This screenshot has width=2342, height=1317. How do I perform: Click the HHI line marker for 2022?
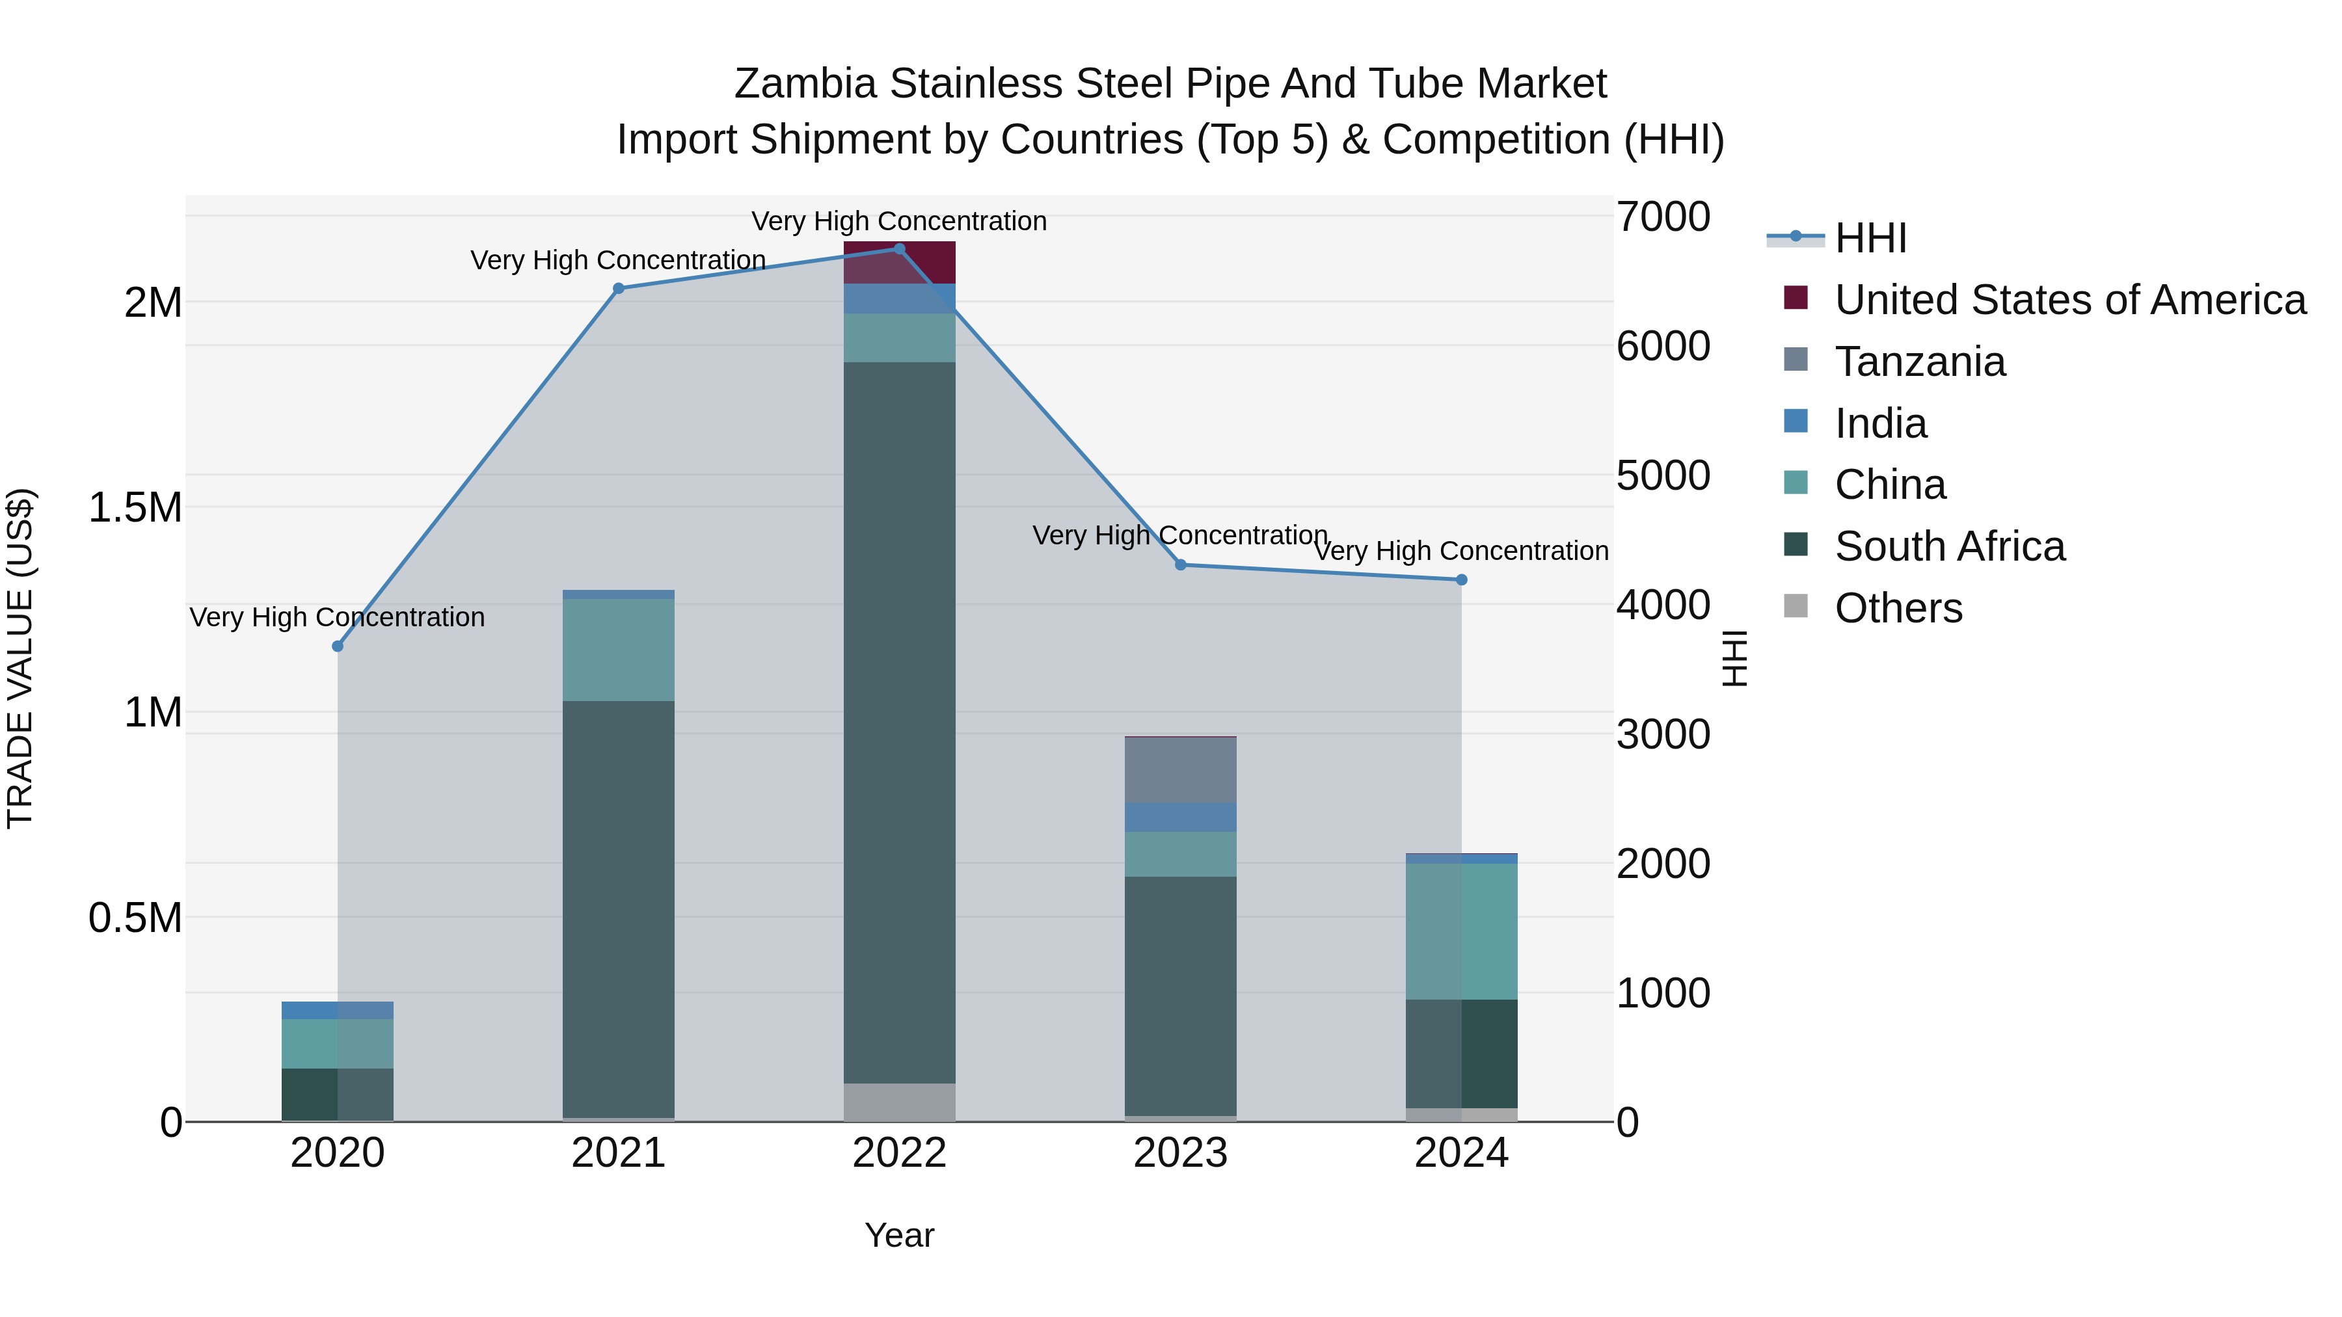coord(899,249)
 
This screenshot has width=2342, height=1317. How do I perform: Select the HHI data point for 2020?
coord(337,646)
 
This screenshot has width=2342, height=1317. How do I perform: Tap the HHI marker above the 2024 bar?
coord(1461,580)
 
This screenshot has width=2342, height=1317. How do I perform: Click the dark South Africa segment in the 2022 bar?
coord(899,723)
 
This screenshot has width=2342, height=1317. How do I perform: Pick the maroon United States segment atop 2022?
coord(899,263)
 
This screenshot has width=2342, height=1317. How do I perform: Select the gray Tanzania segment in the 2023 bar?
coord(1180,770)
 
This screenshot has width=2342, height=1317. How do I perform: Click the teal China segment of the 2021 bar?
coord(618,650)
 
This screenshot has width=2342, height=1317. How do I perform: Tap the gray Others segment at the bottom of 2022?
coord(899,1102)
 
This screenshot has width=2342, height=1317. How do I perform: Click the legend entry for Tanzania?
coord(1919,362)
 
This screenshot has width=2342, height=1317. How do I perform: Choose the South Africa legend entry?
coord(1949,546)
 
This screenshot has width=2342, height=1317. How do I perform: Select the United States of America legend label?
coord(2069,300)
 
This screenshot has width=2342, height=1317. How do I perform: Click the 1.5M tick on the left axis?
coord(135,507)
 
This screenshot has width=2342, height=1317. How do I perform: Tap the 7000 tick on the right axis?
coord(1663,217)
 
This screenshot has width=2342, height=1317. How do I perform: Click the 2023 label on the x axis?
coord(1180,1153)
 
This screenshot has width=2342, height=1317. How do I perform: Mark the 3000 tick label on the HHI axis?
coord(1663,734)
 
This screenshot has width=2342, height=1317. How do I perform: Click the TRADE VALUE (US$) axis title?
coord(20,658)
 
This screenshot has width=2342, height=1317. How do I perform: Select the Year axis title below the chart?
coord(899,1235)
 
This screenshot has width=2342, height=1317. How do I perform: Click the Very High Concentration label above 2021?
coord(618,261)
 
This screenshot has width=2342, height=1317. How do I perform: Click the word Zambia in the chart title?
coord(805,84)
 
